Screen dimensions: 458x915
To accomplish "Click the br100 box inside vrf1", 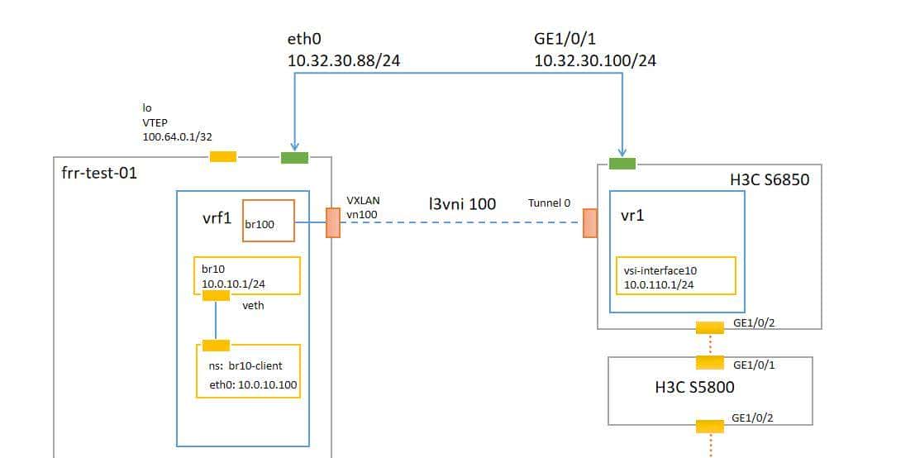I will click(x=268, y=221).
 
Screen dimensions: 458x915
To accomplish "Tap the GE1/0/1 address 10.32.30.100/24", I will click(x=595, y=60).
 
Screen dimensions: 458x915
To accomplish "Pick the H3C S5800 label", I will click(x=694, y=386).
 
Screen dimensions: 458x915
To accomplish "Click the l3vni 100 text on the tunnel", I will click(x=463, y=203).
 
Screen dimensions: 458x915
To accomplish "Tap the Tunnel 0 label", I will click(x=549, y=203).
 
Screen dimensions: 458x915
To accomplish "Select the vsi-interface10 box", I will click(x=675, y=275).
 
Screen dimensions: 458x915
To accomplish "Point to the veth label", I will click(x=253, y=305).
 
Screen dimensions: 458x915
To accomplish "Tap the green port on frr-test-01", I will click(x=294, y=157).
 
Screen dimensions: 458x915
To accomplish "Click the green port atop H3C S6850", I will click(x=622, y=164).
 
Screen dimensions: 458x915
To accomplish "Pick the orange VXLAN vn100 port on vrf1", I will click(x=333, y=222).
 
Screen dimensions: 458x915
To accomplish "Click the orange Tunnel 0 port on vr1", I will click(x=590, y=222).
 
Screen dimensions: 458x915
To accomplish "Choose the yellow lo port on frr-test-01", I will click(x=222, y=157).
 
